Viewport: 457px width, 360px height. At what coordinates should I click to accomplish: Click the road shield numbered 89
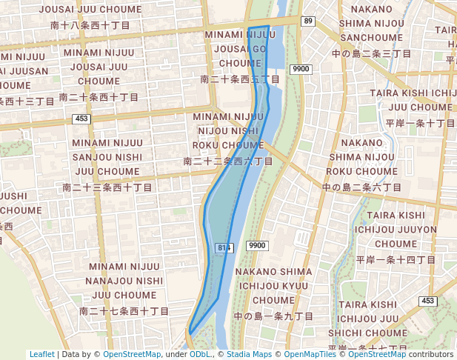click(x=308, y=21)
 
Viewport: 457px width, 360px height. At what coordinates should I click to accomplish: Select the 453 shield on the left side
click(x=81, y=119)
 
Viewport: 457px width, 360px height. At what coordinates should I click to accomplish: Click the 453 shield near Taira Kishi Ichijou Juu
click(x=427, y=301)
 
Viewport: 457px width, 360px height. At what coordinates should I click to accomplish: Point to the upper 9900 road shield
click(x=301, y=69)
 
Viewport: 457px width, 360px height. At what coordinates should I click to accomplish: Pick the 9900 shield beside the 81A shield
click(x=257, y=246)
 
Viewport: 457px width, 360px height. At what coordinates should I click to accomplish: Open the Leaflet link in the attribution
click(x=42, y=355)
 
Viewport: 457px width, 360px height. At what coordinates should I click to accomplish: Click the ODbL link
click(x=200, y=355)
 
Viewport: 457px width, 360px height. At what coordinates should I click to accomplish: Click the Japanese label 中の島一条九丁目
click(x=273, y=316)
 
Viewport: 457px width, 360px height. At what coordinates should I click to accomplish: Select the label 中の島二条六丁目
click(x=361, y=188)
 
